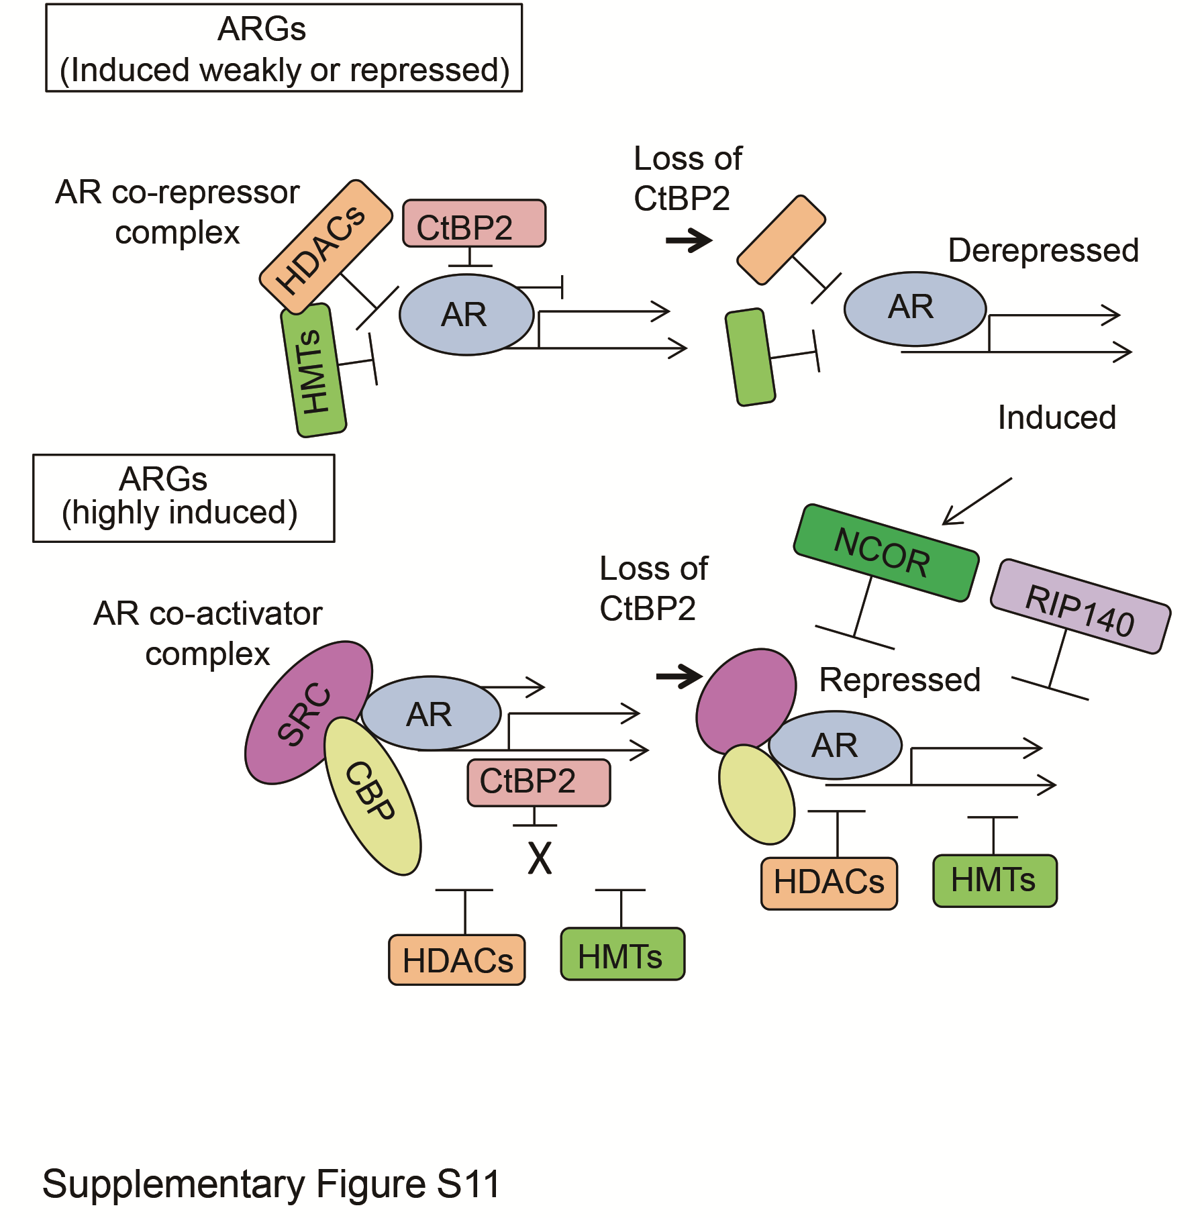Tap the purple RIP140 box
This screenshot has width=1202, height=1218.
[1080, 607]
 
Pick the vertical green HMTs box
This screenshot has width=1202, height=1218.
[313, 370]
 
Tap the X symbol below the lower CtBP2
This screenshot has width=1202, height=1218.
[540, 858]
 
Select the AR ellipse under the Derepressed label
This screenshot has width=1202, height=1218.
[914, 309]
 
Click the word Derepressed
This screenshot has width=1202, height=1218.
[1043, 250]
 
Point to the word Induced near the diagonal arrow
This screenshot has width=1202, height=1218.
[1056, 417]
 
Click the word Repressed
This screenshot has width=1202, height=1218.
[899, 680]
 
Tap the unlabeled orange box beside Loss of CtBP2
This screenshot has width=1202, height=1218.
[781, 240]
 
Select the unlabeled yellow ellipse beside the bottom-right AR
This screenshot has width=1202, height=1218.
[756, 795]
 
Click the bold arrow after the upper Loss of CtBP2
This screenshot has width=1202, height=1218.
[689, 240]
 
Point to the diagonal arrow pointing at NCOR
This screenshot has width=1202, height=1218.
[976, 501]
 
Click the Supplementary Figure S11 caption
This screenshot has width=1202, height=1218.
[271, 1183]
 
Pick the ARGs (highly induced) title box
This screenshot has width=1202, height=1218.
[183, 498]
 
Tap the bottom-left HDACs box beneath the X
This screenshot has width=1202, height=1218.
[456, 960]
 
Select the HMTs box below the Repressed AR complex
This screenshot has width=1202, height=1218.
[994, 880]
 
